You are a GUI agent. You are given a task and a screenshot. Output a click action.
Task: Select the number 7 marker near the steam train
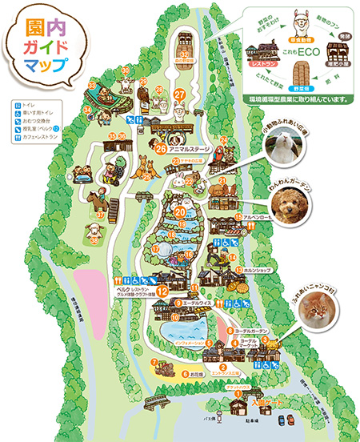click(x=154, y=361)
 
